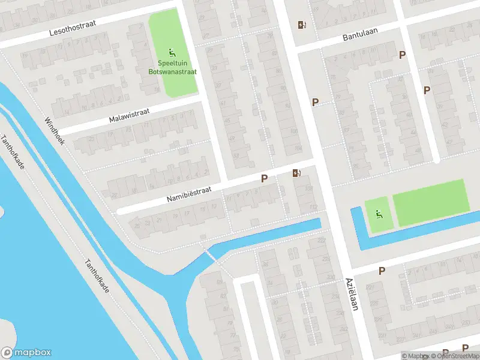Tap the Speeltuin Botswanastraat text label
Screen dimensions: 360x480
(x=173, y=67)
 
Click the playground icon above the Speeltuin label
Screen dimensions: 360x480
(x=172, y=52)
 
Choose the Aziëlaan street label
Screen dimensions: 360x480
(x=352, y=294)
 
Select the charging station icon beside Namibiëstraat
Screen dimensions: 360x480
(x=296, y=174)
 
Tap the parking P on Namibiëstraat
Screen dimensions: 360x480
(x=263, y=179)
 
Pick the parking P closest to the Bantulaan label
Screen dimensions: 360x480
(x=403, y=55)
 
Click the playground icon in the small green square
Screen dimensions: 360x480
(x=379, y=214)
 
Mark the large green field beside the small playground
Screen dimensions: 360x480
(x=430, y=202)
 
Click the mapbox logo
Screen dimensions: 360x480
(x=26, y=353)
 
